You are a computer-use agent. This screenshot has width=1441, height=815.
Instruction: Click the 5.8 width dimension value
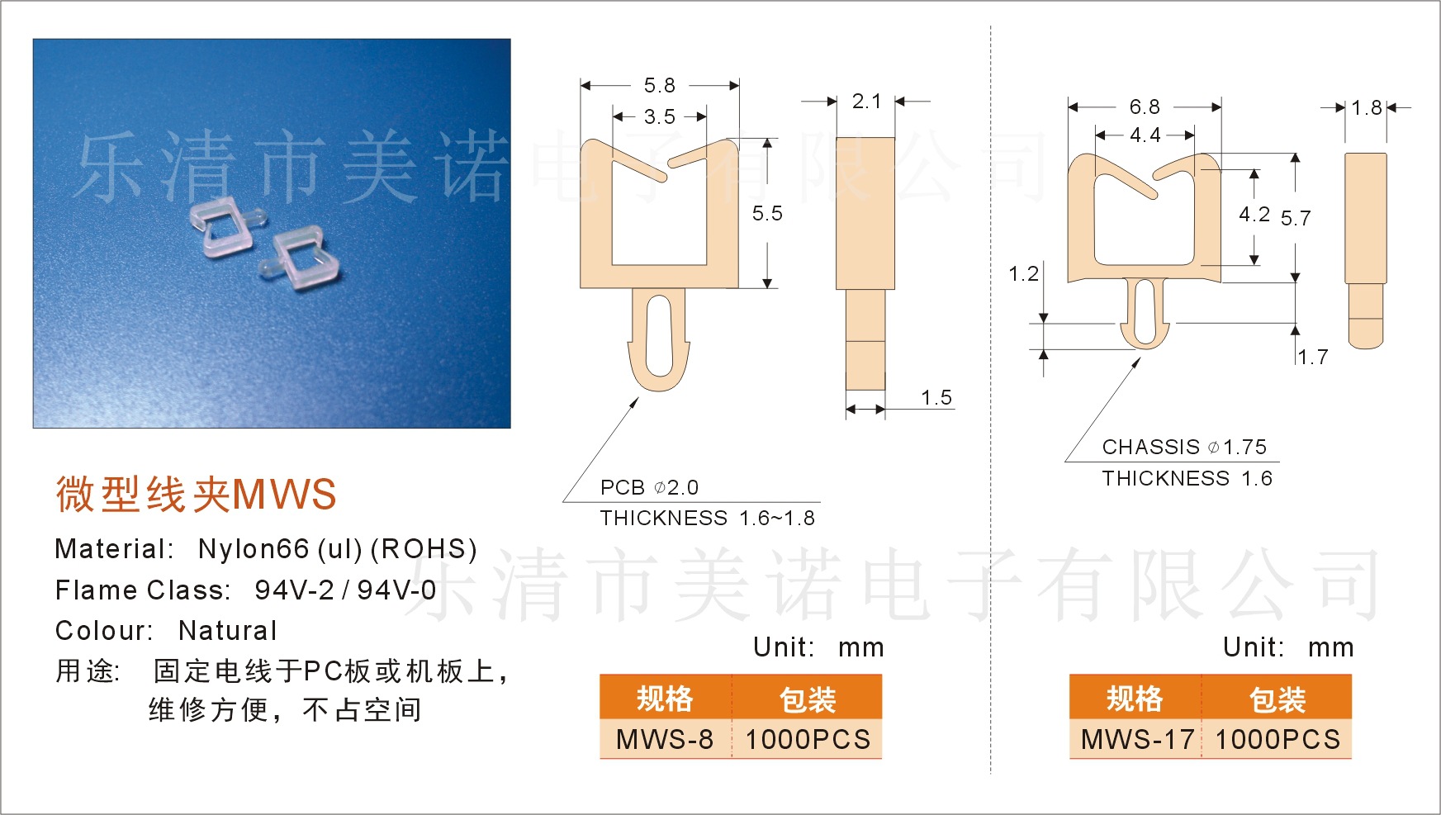659,86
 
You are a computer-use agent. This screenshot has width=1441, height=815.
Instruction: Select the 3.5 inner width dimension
659,117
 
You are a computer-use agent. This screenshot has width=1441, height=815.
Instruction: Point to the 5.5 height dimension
766,214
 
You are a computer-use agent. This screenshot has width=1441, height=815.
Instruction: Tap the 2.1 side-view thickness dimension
866,102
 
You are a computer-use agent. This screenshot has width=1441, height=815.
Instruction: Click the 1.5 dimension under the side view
936,398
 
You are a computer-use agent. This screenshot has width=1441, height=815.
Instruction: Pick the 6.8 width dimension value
1145,107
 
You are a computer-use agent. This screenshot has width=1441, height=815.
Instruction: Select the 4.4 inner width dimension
1145,135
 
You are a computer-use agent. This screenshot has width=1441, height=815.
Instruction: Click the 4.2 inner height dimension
1254,215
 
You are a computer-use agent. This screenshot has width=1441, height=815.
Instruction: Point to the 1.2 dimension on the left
1023,274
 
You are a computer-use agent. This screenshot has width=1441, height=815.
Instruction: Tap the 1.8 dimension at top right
1366,108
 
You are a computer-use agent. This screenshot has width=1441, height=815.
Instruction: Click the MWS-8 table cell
665,739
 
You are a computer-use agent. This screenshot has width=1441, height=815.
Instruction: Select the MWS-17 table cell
1137,739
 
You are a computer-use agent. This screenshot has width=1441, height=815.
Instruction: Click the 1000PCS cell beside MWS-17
1277,739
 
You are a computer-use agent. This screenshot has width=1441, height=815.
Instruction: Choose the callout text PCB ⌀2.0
649,488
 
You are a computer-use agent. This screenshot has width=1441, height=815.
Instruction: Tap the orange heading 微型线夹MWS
196,495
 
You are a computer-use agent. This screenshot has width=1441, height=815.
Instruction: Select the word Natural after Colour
228,631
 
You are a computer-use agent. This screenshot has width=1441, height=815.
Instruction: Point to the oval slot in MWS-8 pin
659,336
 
